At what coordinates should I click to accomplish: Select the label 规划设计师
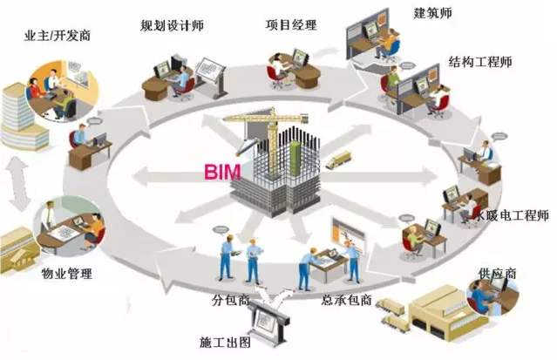(171, 24)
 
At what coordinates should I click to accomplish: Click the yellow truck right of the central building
(337, 159)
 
